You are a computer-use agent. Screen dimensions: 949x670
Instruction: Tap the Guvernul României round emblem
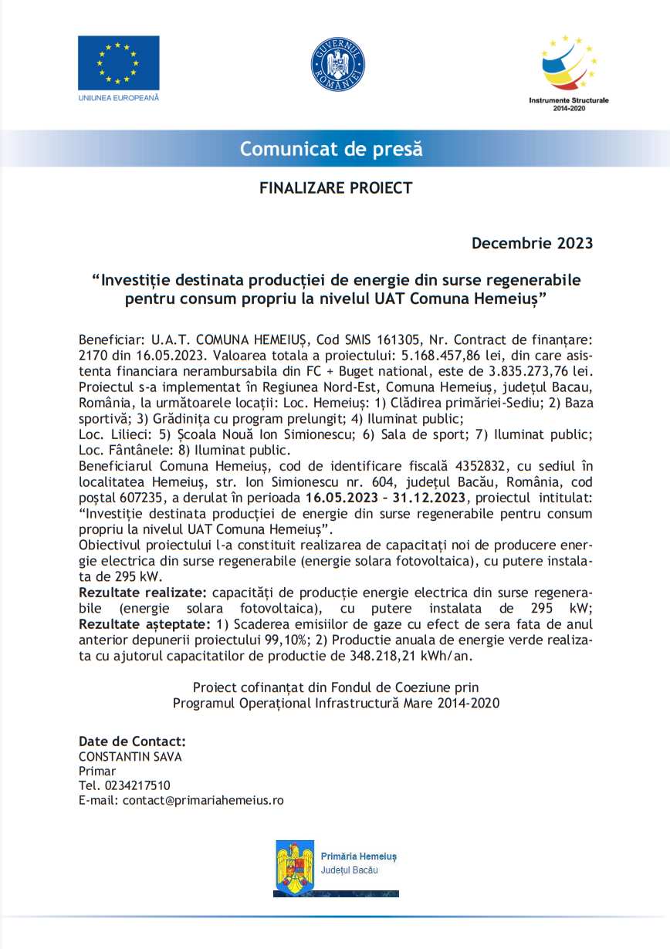[x=337, y=64]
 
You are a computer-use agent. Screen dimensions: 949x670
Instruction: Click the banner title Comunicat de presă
[x=331, y=148]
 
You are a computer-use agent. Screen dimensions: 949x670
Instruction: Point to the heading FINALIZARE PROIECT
[x=336, y=187]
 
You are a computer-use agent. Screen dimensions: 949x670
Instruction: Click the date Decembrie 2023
[x=532, y=244]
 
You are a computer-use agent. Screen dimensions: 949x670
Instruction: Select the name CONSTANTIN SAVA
[x=130, y=757]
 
